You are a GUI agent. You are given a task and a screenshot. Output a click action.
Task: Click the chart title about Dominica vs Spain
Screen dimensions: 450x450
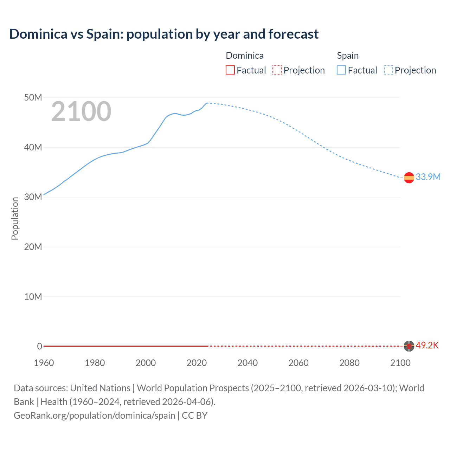coord(164,34)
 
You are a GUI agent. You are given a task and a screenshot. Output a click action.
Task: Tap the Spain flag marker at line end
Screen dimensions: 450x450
coord(409,178)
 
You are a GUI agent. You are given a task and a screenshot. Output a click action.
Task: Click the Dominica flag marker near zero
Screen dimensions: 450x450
coord(409,346)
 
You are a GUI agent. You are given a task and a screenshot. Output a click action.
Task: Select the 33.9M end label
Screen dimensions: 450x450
coord(428,177)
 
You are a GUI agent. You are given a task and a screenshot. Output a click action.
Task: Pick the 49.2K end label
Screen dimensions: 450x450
coord(427,345)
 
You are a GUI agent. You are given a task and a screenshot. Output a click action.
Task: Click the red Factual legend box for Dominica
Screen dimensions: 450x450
coord(230,70)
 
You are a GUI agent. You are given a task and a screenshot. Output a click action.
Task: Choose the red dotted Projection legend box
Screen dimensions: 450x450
coord(277,70)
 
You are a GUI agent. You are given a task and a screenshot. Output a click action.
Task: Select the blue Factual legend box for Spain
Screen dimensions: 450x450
coord(341,70)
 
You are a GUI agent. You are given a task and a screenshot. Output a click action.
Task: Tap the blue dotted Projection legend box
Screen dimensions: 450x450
coord(388,70)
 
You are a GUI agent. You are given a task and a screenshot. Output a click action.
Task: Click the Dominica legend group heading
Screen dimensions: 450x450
coord(244,56)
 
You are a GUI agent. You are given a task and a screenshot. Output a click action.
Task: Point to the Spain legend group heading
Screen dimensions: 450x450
coord(348,56)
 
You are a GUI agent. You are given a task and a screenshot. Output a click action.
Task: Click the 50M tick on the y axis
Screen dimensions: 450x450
coord(33,97)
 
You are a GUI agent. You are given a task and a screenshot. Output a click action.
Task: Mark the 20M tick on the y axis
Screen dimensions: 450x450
coord(33,247)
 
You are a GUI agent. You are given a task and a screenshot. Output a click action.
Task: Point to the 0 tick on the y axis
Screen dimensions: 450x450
coord(39,346)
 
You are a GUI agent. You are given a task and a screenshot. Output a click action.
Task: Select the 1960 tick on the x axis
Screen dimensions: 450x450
coord(44,363)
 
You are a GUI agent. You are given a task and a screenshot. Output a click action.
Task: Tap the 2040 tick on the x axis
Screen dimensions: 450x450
coord(247,363)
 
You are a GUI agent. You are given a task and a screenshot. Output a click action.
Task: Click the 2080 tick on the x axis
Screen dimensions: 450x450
coord(349,363)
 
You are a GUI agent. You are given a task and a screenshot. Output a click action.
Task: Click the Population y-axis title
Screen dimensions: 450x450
coord(15,218)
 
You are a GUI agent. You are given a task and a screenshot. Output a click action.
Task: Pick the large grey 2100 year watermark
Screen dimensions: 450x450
coord(81,112)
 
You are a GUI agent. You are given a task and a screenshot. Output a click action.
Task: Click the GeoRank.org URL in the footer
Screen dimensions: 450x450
coord(94,416)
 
